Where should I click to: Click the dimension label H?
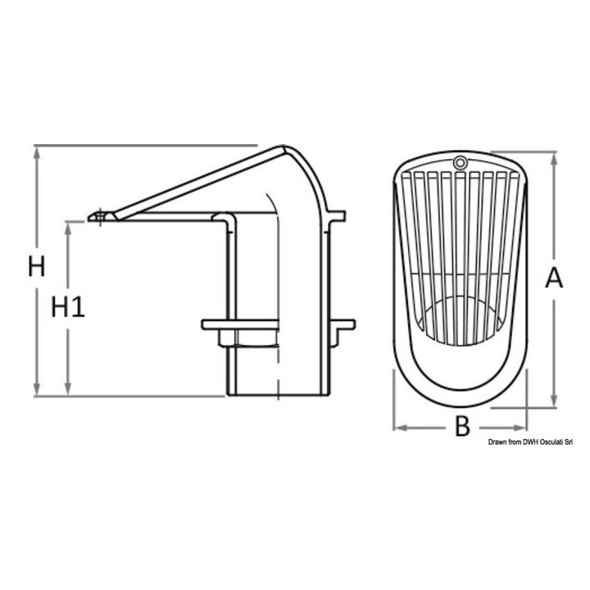(x=37, y=266)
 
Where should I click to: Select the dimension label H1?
(x=68, y=306)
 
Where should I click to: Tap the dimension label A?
(x=554, y=278)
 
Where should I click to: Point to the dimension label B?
(x=462, y=427)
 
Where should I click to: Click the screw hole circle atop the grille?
(x=460, y=163)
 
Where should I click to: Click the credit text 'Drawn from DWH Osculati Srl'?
(x=530, y=442)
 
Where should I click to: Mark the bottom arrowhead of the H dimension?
(x=37, y=389)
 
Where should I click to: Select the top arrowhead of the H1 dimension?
(x=68, y=229)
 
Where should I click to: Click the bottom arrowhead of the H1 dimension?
(x=68, y=389)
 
